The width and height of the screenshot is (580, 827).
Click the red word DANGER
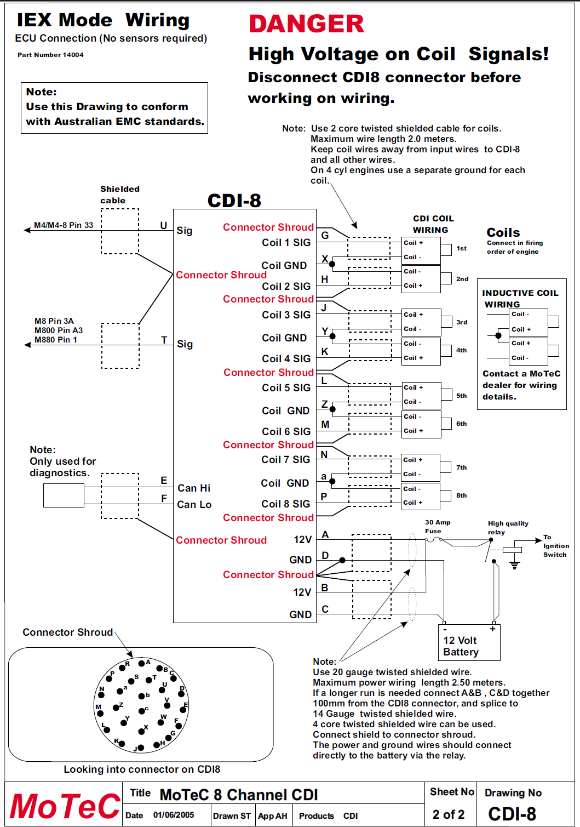click(x=306, y=24)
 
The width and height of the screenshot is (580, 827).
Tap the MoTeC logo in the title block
click(x=65, y=806)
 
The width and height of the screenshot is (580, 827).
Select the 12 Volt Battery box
click(x=469, y=643)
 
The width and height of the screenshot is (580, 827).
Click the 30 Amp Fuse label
click(x=437, y=527)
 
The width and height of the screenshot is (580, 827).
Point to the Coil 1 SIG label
click(x=286, y=243)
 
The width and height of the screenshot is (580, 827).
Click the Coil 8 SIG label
click(x=285, y=504)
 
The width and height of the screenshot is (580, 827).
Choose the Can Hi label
click(x=194, y=488)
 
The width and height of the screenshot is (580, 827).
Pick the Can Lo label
click(x=194, y=505)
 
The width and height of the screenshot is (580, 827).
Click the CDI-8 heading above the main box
click(x=234, y=201)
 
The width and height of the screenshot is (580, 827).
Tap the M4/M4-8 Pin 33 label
click(x=64, y=225)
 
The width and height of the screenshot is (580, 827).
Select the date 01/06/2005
click(x=174, y=815)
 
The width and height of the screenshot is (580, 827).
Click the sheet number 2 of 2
click(x=449, y=814)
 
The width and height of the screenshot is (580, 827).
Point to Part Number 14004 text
click(x=50, y=55)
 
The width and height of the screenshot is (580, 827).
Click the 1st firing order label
click(x=462, y=248)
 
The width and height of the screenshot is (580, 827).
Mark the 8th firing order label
click(x=462, y=495)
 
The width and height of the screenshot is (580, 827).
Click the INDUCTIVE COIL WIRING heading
click(x=520, y=299)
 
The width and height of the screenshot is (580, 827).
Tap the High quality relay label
click(x=508, y=528)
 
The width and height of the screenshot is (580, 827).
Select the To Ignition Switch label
click(x=555, y=546)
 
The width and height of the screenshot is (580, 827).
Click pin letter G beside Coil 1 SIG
click(x=325, y=236)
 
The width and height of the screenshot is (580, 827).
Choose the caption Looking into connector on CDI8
click(x=142, y=769)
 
